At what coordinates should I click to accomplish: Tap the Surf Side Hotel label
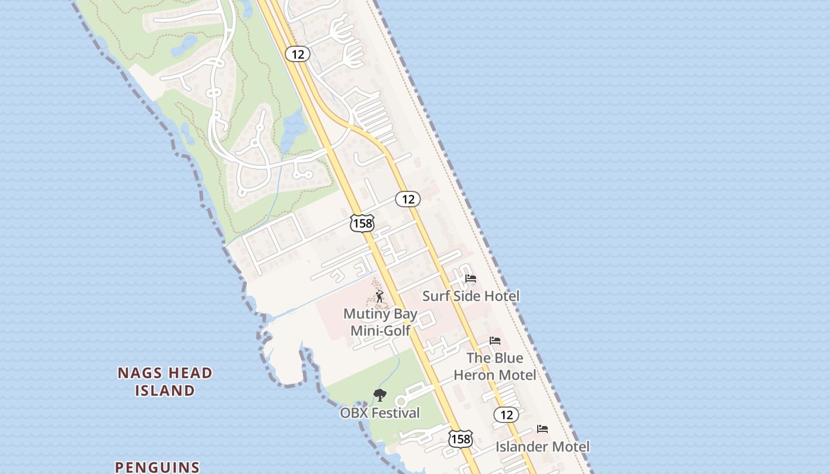[471, 296]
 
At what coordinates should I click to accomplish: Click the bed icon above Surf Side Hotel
[471, 278]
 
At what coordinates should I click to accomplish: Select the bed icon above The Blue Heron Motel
[495, 341]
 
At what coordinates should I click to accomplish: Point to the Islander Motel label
[542, 447]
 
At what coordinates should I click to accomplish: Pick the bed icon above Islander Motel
[542, 429]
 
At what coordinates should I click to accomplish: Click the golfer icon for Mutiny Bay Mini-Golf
[379, 296]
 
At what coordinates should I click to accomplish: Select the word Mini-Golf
[381, 331]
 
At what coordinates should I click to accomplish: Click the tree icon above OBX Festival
[380, 395]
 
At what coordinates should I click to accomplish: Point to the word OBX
[353, 413]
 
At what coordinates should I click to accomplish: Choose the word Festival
[395, 413]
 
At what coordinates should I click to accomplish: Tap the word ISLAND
[165, 391]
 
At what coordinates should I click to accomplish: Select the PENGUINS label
[157, 467]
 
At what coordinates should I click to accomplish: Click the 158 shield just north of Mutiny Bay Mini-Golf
[362, 223]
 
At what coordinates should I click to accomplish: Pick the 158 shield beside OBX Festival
[460, 439]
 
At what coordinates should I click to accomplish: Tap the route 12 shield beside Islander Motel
[506, 415]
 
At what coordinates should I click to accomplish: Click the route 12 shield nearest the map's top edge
[298, 55]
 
